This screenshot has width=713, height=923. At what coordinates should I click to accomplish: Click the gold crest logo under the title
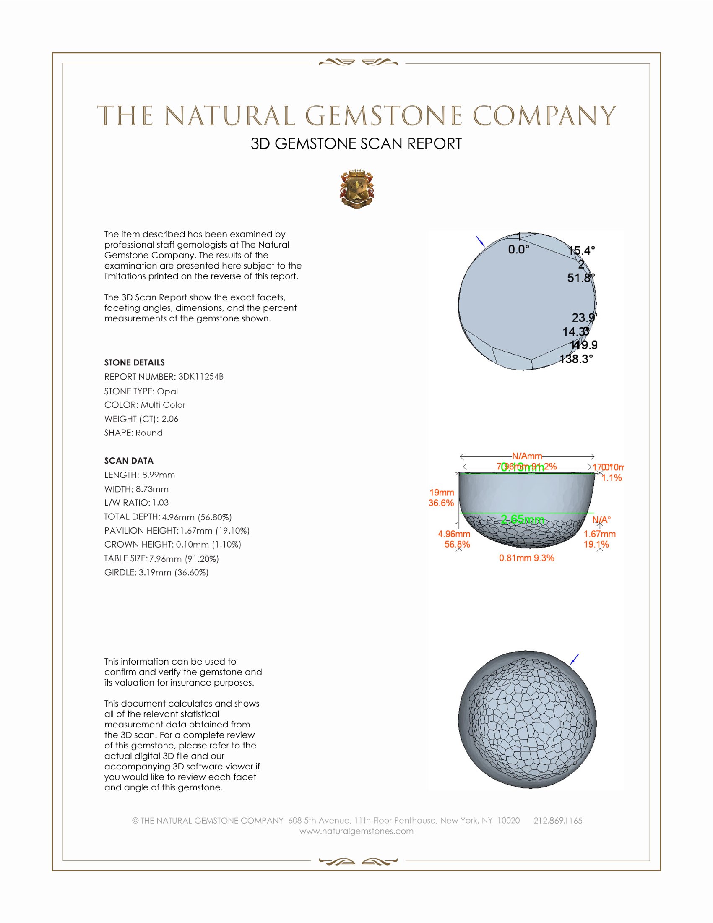[x=357, y=190]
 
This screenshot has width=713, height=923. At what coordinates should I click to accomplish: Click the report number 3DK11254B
[x=200, y=377]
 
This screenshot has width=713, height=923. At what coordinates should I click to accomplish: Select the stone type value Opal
[x=167, y=391]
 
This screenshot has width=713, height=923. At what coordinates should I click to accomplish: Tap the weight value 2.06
[x=170, y=419]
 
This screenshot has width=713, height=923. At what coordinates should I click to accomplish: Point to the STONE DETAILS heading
[x=134, y=362]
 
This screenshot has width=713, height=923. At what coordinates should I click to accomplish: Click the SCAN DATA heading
[x=129, y=461]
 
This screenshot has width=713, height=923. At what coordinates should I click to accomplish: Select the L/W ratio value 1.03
[x=161, y=503]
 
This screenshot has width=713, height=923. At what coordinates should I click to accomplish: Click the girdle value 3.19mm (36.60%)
[x=174, y=573]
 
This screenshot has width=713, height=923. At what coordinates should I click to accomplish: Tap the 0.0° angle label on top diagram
[x=518, y=250]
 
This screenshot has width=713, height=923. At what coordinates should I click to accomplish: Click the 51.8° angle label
[x=580, y=278]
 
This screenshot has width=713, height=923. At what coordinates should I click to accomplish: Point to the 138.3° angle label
[x=576, y=359]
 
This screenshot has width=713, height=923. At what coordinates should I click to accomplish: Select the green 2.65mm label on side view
[x=522, y=519]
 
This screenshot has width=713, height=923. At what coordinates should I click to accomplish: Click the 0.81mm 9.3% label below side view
[x=526, y=558]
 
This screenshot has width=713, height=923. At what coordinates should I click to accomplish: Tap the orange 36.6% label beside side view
[x=441, y=503]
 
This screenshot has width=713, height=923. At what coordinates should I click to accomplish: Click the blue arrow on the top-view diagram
[x=480, y=241]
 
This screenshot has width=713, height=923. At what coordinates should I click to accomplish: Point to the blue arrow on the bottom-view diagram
[x=574, y=659]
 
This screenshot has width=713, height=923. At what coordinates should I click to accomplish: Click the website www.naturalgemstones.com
[x=356, y=831]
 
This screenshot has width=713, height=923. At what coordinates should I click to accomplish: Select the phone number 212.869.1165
[x=557, y=820]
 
